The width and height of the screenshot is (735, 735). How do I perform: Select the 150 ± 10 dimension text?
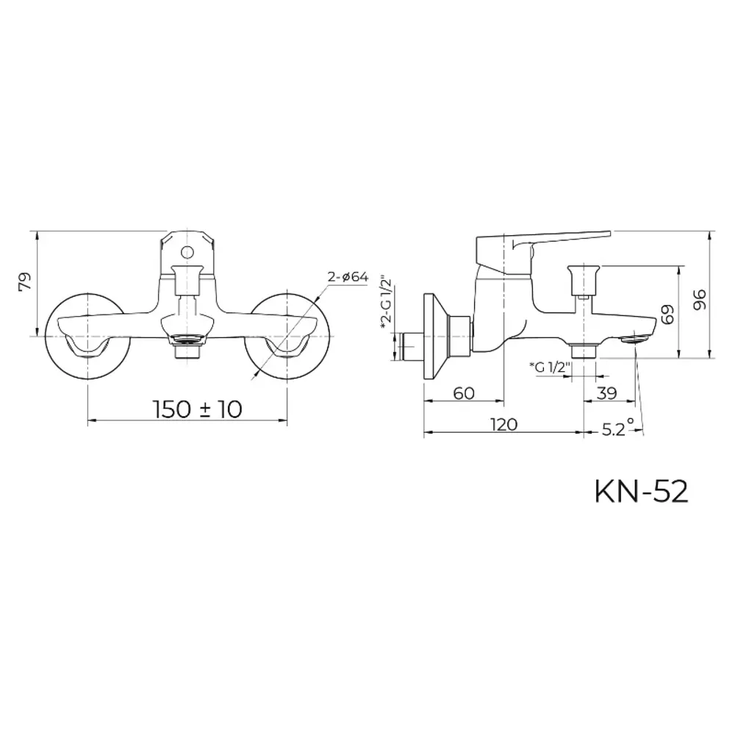[x=197, y=409]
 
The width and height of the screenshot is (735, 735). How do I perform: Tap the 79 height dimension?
[x=25, y=282]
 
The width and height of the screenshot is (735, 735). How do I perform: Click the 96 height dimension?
[x=699, y=298]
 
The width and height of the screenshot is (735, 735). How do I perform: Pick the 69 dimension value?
[x=667, y=314]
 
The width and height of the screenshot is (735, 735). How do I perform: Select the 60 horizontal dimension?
[x=463, y=393]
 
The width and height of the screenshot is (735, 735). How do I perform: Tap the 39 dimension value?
[x=606, y=393]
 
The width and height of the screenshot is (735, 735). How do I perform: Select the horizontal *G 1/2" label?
[x=549, y=367]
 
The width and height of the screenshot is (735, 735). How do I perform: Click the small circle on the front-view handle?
[x=187, y=252]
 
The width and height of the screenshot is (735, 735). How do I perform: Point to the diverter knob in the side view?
[x=584, y=278]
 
